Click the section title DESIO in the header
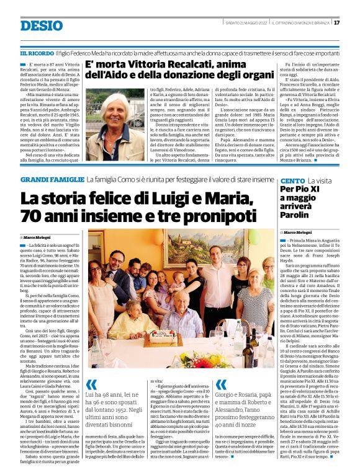pos(41,25)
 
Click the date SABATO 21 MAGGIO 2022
pos(246,23)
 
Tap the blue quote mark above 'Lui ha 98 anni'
pos(91,384)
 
